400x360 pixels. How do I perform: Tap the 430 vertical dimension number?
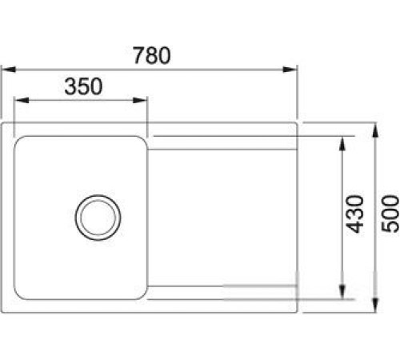click(x=357, y=213)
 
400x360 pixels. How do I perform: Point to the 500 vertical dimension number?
click(x=390, y=213)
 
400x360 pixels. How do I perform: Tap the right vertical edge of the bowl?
click(x=146, y=214)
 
